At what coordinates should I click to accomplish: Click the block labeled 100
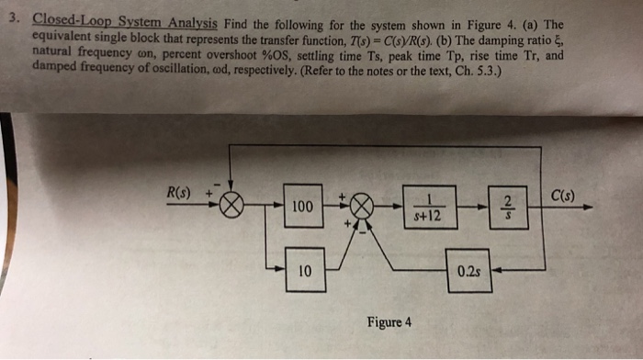pyautogui.click(x=301, y=208)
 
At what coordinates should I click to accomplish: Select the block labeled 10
pyautogui.click(x=303, y=271)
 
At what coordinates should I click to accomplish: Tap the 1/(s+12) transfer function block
pyautogui.click(x=431, y=208)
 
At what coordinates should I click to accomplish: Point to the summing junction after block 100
pyautogui.click(x=362, y=208)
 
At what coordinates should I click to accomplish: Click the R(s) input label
pyautogui.click(x=176, y=193)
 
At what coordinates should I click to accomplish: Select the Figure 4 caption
pyautogui.click(x=389, y=322)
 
